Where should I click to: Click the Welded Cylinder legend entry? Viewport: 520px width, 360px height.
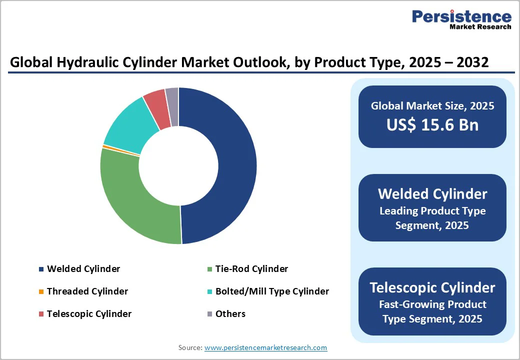(x=83, y=269)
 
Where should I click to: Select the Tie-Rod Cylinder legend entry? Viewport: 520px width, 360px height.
(x=251, y=269)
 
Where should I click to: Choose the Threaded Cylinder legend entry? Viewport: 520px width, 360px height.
(x=87, y=291)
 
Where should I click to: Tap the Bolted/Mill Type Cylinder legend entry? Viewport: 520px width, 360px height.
(x=272, y=291)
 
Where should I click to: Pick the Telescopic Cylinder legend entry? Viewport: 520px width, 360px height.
(x=89, y=314)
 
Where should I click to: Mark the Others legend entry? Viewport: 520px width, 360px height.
(x=230, y=314)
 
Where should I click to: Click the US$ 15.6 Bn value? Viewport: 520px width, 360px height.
(x=432, y=125)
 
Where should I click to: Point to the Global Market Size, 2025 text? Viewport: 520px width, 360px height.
(x=432, y=106)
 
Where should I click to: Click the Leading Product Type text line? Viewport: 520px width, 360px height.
(x=432, y=211)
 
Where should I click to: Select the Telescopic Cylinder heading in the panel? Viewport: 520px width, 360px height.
(x=432, y=288)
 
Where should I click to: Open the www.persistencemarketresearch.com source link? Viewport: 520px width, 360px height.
(x=265, y=347)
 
